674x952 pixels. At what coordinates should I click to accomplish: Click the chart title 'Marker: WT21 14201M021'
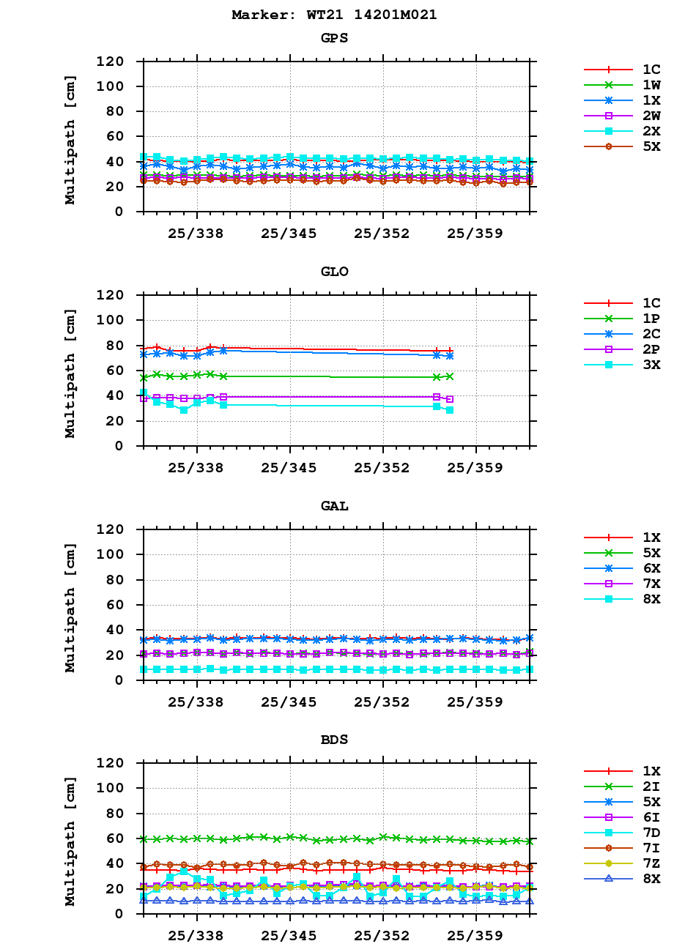tap(334, 15)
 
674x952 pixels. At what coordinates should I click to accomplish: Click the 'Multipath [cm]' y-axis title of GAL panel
tap(70, 607)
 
